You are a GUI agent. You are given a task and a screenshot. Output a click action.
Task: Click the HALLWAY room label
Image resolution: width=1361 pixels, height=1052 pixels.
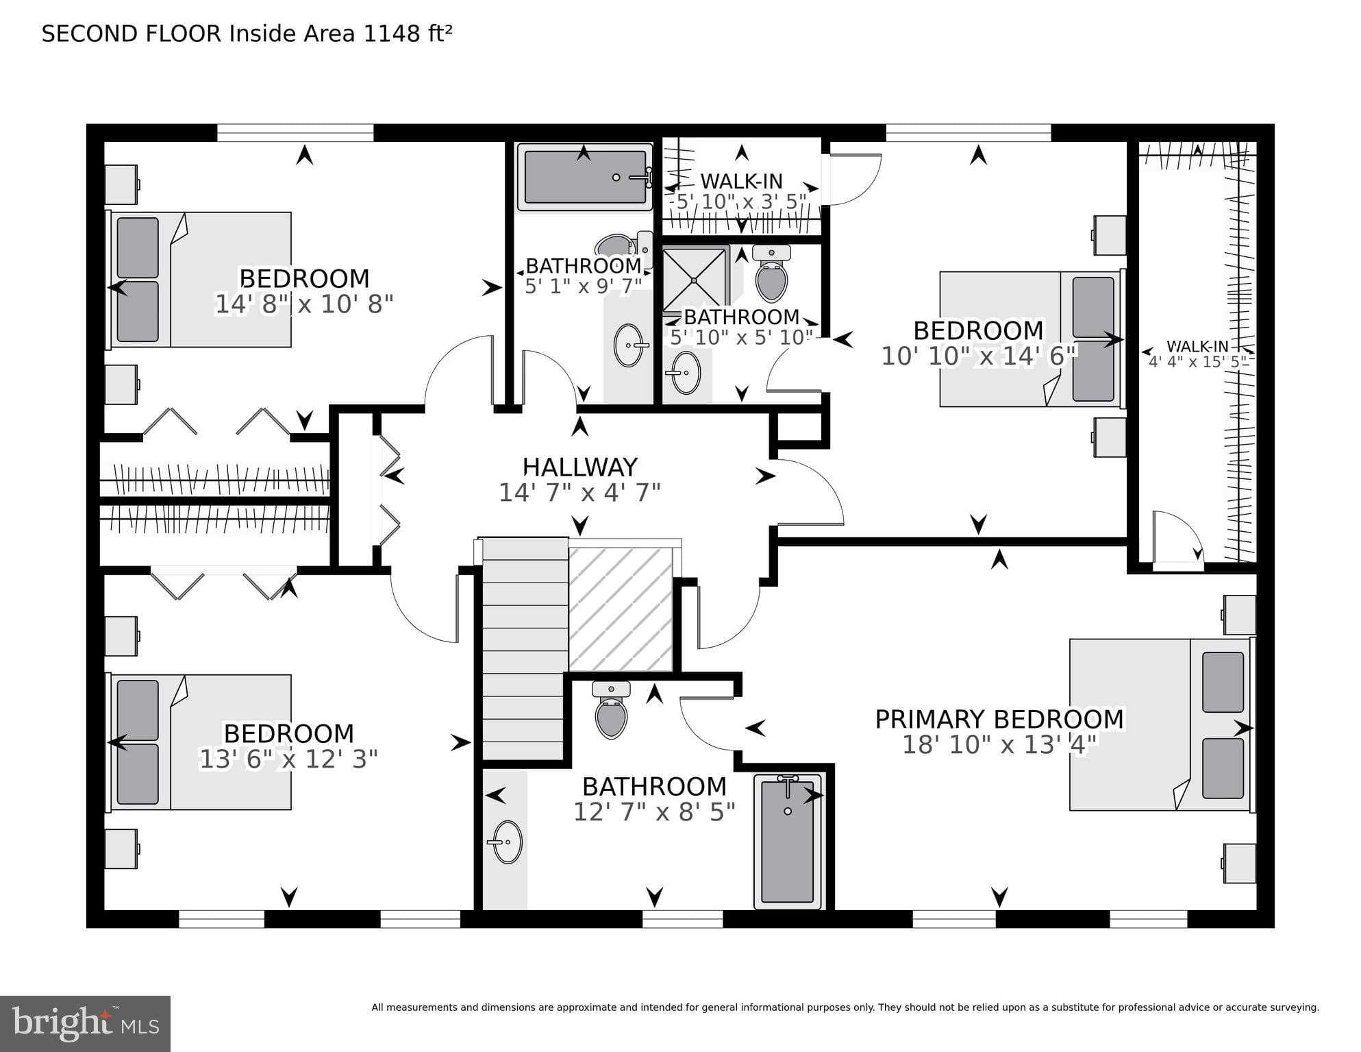(x=579, y=467)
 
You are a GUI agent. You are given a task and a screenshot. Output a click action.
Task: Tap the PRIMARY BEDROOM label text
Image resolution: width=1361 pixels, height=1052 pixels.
(x=999, y=720)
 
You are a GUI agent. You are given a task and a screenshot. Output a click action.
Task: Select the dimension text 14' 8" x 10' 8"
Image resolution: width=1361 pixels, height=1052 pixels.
(x=304, y=304)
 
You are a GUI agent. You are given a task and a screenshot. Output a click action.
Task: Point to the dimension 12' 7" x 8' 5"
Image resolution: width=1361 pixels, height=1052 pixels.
(x=654, y=812)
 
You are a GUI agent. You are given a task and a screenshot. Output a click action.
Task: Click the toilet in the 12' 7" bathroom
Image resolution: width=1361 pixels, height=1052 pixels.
(x=611, y=713)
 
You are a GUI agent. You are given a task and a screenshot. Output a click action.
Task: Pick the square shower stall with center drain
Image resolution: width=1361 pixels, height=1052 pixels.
(x=694, y=279)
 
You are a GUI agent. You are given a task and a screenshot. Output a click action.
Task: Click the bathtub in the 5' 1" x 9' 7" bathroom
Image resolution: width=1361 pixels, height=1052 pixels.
(x=584, y=177)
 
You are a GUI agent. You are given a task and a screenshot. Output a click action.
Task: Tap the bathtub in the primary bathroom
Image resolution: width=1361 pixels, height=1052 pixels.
(x=788, y=841)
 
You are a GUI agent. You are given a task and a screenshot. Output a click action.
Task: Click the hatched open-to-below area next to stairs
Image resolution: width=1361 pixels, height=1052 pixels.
(x=621, y=609)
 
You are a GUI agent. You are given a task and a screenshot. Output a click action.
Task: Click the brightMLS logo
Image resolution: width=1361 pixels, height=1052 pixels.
(x=85, y=1023)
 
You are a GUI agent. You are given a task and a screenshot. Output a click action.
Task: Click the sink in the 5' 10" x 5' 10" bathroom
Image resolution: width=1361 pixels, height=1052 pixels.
(x=685, y=373)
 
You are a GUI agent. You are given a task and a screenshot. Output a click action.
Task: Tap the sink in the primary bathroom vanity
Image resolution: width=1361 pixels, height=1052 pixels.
(x=507, y=842)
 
